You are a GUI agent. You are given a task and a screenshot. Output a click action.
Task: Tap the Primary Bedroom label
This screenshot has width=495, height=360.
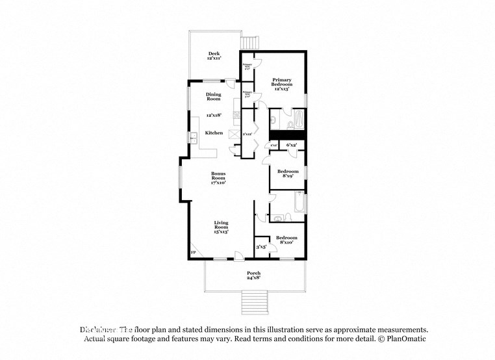point(281,83)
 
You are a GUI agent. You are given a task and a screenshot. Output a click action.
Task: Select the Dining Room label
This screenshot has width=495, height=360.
point(214,97)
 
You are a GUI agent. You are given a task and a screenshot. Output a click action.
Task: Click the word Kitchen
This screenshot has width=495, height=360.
point(214,133)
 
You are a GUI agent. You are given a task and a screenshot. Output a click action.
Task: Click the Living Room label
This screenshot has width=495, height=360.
point(221,227)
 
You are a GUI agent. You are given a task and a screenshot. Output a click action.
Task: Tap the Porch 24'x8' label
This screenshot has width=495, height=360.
point(253,275)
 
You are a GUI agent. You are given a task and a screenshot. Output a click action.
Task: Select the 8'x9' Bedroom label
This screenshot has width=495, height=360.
point(286,174)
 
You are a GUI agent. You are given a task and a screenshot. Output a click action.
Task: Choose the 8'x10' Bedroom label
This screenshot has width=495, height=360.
point(286,240)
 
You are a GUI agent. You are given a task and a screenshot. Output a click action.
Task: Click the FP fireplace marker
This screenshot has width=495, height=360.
point(193,252)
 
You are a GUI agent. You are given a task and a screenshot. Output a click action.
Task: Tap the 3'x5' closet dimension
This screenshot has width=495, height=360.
point(261,247)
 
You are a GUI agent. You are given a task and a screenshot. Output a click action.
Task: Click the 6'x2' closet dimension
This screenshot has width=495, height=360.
point(292,145)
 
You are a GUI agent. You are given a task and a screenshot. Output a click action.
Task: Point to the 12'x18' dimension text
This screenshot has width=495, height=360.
point(214,115)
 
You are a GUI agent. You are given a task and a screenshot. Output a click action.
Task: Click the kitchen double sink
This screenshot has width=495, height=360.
point(193,137)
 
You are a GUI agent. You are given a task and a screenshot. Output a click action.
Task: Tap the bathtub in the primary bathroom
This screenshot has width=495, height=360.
point(298,119)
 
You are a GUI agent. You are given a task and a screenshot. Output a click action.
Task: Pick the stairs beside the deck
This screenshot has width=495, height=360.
point(249,42)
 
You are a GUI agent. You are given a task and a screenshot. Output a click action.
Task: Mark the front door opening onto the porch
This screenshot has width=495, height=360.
point(240,255)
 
